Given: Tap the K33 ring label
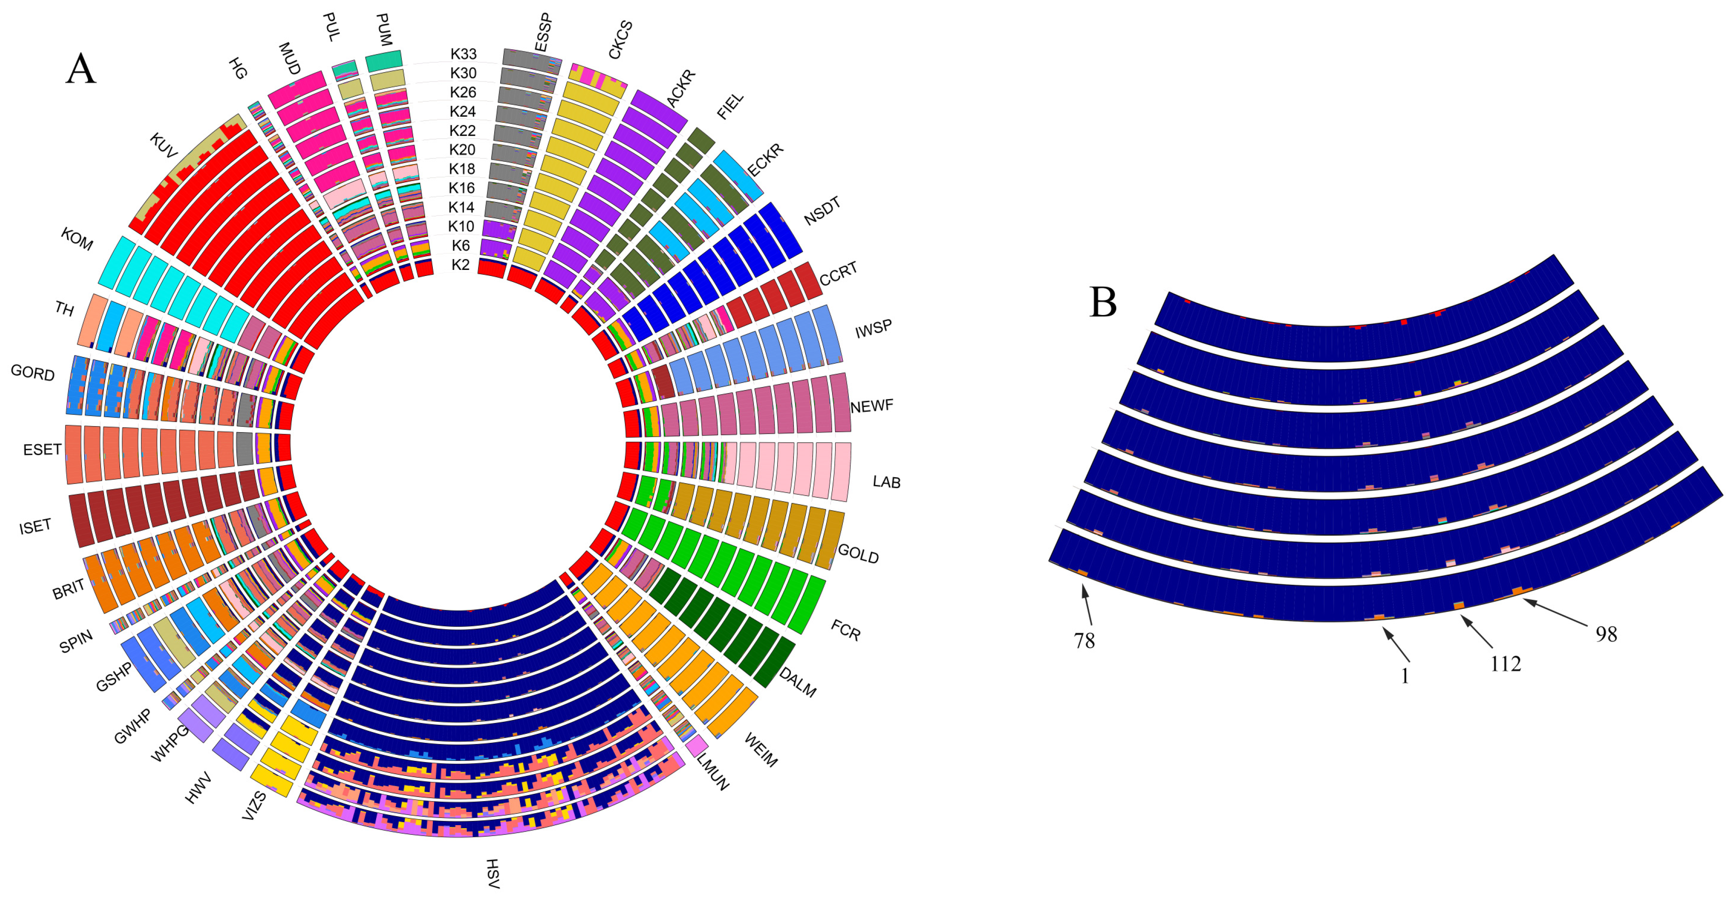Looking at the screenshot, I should (x=463, y=54).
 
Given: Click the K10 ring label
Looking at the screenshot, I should (x=462, y=226).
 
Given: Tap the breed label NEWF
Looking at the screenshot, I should (x=872, y=406).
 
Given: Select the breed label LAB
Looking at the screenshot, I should (x=886, y=482).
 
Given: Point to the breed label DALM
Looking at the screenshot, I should (x=798, y=682).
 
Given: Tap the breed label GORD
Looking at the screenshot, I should (x=32, y=372).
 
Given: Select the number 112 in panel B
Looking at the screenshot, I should (x=1505, y=664).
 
